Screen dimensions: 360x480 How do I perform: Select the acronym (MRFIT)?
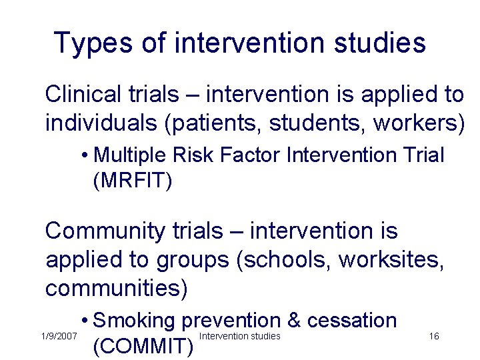coord(133,180)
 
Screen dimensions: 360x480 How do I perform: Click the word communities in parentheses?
coord(117,288)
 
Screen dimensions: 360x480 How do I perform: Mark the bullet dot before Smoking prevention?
coord(85,321)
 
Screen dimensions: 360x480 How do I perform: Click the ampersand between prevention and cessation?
coord(293,320)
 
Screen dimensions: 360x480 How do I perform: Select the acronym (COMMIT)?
coord(143,347)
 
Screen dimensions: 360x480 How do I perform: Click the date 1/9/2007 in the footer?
coord(59,337)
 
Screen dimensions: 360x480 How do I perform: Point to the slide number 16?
coord(434,336)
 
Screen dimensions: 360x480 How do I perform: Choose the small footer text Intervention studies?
coord(240,335)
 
